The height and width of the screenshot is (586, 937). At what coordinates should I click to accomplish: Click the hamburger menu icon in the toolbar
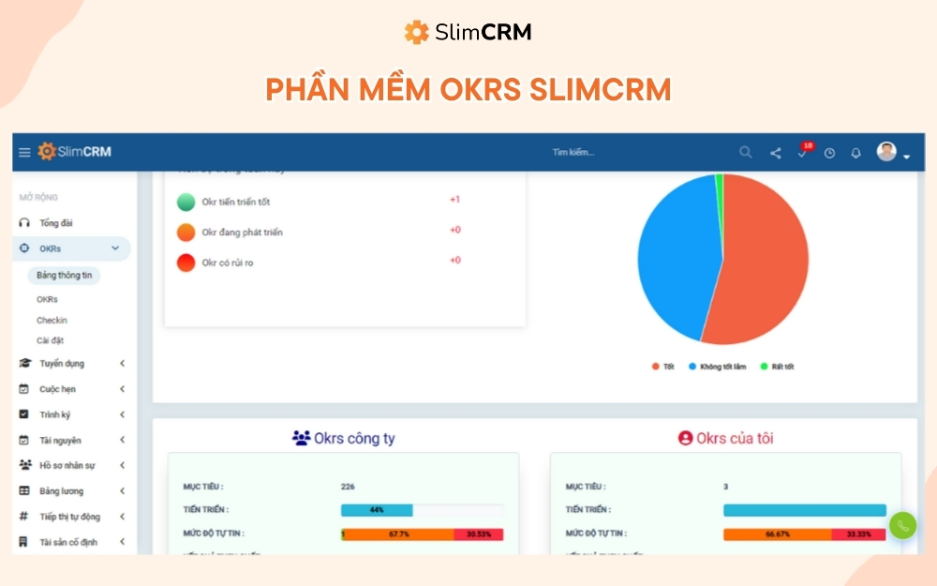tap(24, 153)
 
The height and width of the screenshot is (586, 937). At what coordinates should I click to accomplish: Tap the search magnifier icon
tap(745, 152)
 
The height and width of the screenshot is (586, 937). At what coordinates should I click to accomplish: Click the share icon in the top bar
tap(775, 153)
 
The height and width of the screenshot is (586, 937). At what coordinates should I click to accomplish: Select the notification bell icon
tap(855, 153)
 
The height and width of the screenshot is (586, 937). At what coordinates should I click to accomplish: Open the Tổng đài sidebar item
tap(55, 223)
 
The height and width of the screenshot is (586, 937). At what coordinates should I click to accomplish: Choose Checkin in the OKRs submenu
tap(52, 321)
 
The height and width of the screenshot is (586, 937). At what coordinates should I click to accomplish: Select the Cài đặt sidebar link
tap(50, 341)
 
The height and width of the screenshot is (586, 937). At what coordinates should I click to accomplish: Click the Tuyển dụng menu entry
tap(61, 364)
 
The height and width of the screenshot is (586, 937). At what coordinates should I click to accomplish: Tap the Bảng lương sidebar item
tap(61, 491)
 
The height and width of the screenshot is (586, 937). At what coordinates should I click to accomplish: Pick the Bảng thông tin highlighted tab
tap(64, 276)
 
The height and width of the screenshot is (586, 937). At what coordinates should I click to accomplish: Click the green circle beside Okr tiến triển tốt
tap(186, 202)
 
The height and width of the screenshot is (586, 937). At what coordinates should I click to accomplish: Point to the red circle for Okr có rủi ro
tap(186, 263)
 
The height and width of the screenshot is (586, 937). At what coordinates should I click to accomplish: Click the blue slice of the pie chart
tap(675, 263)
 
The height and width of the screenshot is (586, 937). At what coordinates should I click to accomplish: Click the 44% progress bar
tap(377, 510)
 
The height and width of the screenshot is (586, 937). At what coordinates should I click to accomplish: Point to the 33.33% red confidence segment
tap(858, 534)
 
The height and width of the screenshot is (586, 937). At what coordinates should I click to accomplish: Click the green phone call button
tap(902, 526)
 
